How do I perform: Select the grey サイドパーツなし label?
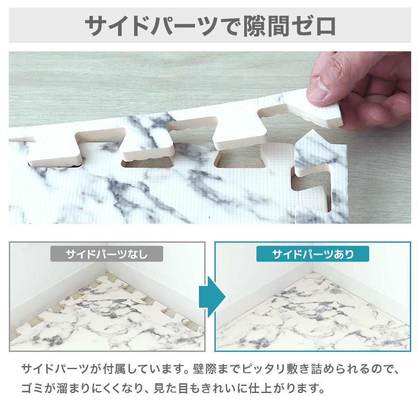tap(107, 254)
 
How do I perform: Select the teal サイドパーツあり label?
tap(313, 254)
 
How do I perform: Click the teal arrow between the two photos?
tap(210, 297)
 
